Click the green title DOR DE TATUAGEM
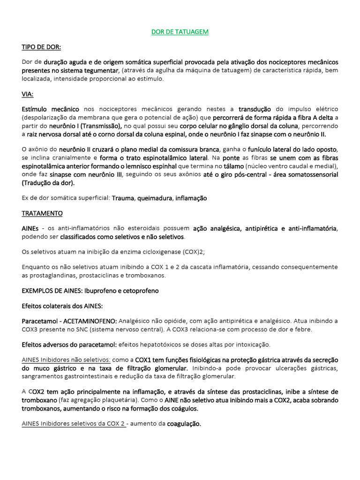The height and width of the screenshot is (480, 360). [180, 32]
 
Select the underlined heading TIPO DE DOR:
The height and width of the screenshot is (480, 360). [41, 47]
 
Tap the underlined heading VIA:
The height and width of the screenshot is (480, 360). [28, 94]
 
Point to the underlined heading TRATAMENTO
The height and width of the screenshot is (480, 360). [42, 213]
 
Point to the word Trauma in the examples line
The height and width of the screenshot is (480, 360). [123, 198]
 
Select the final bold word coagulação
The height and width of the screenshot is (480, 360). [184, 423]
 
